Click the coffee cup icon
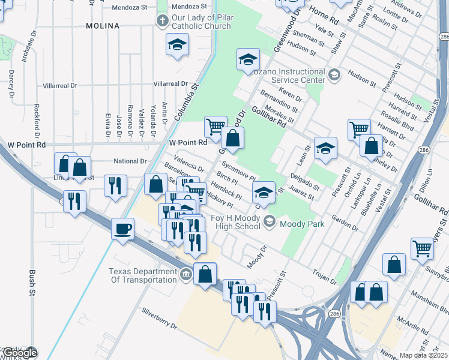click(x=122, y=229)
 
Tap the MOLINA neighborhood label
click(x=102, y=26)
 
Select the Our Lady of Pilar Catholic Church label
click(x=200, y=22)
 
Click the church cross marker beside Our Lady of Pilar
click(x=161, y=22)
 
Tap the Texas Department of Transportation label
click(x=143, y=275)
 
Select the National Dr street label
click(x=130, y=161)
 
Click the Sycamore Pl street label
click(x=238, y=170)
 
